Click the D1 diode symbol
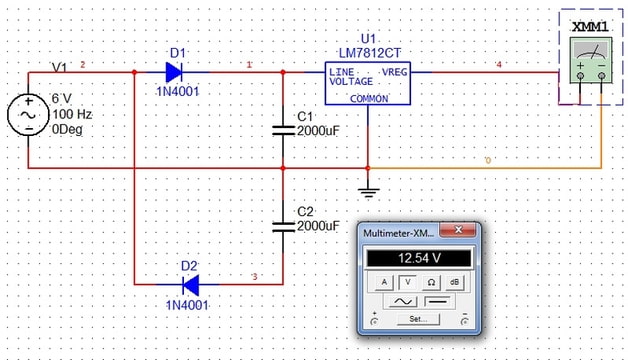[174, 72]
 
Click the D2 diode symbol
[191, 285]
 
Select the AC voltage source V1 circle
[28, 115]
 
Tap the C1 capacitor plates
[283, 130]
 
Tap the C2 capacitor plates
[283, 227]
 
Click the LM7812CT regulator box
[368, 83]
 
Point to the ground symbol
[368, 192]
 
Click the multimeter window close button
[458, 230]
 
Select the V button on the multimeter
[408, 282]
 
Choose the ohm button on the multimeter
[431, 282]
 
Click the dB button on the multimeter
[454, 282]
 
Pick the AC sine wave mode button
[402, 301]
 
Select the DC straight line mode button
[437, 301]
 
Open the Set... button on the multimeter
[418, 319]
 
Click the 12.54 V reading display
[419, 258]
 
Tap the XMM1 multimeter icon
[591, 60]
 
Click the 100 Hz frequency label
[72, 114]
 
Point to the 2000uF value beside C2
[318, 226]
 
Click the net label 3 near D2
[254, 277]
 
